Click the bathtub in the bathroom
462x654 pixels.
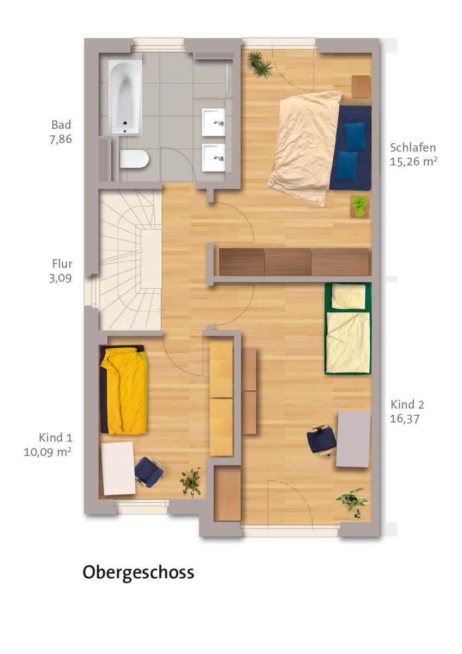[x=125, y=97]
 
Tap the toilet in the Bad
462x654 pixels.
[x=134, y=159]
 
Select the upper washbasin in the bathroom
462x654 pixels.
[x=214, y=122]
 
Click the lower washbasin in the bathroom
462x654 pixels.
[x=214, y=158]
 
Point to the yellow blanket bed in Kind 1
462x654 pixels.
[x=123, y=390]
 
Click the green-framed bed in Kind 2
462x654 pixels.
[x=348, y=329]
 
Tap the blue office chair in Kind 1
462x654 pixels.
[x=149, y=472]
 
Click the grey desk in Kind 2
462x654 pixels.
[x=353, y=439]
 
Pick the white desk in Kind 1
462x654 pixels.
[x=118, y=468]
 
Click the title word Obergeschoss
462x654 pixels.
[x=138, y=572]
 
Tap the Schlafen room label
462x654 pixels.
[x=412, y=148]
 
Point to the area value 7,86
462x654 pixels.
[x=61, y=140]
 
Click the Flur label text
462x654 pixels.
[x=62, y=264]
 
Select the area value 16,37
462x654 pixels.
[x=404, y=419]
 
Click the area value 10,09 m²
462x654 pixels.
[x=47, y=452]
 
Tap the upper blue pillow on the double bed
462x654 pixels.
[x=355, y=137]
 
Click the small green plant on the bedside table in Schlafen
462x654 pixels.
[x=359, y=206]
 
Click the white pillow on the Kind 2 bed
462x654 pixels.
[x=349, y=296]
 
